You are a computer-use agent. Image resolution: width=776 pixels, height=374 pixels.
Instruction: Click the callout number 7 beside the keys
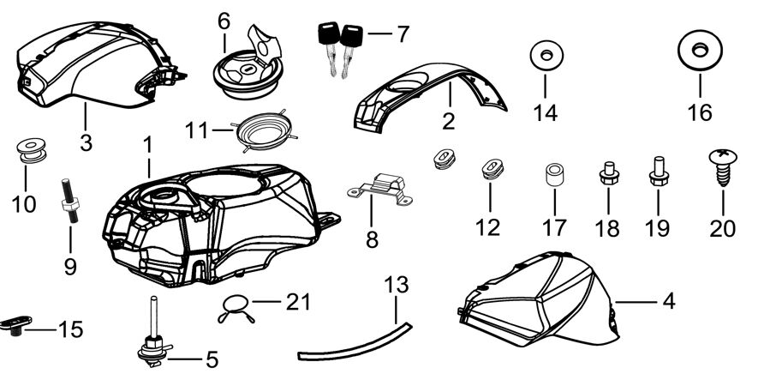coord(403,34)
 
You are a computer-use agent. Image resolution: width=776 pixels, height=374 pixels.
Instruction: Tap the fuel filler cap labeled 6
coord(248,63)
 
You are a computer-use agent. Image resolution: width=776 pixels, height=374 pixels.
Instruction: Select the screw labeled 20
coord(723,167)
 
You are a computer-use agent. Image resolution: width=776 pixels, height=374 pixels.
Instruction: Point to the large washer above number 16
coord(700,51)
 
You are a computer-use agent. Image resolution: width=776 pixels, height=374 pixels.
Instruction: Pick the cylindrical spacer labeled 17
coord(555,175)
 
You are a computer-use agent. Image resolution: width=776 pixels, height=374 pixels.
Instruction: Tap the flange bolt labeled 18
coord(608,173)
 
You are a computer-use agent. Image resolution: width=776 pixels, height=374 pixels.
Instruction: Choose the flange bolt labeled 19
coord(659,171)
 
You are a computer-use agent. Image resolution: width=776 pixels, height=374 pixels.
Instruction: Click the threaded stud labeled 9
coord(70,201)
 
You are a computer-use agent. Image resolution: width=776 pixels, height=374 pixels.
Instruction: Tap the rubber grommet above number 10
coord(32,151)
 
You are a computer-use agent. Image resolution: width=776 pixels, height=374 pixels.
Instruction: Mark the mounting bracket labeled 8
coord(380,190)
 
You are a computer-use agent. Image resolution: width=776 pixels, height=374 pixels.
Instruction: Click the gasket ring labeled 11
coord(265,130)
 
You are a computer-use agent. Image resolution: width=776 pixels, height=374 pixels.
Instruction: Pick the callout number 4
coord(669,301)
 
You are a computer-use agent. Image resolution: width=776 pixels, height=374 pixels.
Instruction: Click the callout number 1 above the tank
coord(147,145)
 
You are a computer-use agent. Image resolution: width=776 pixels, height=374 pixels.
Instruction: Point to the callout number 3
coord(87,142)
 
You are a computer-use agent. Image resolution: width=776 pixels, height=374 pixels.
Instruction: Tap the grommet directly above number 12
coord(492,168)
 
